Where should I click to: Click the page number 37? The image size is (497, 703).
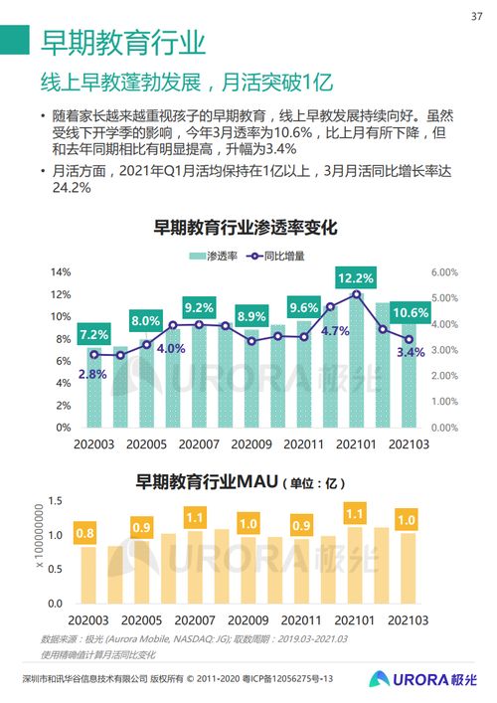476,16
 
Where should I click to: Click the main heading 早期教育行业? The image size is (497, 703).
123,42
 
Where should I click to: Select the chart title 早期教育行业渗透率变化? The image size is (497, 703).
245,228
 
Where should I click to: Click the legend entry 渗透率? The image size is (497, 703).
215,256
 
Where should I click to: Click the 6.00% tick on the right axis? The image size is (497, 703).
443,272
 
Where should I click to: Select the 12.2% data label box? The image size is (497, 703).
355,278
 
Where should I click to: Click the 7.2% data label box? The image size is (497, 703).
94,334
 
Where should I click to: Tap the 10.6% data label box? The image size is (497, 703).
410,313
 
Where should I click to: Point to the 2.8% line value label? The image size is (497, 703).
91,375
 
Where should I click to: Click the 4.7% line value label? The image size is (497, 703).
336,331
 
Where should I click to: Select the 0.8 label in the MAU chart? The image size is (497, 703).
85,534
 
